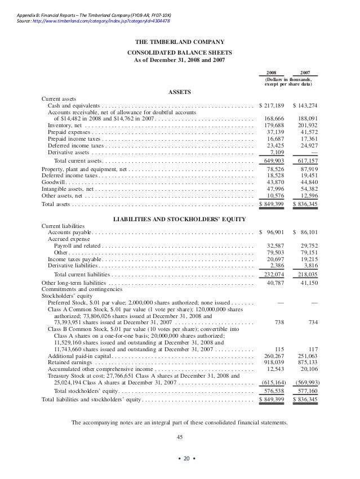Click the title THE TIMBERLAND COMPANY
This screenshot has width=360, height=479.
(180, 42)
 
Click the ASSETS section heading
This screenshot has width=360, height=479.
(180, 92)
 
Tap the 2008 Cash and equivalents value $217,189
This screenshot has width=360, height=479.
(272, 106)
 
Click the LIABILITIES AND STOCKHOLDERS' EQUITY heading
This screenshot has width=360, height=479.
(180, 218)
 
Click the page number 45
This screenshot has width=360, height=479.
(180, 437)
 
